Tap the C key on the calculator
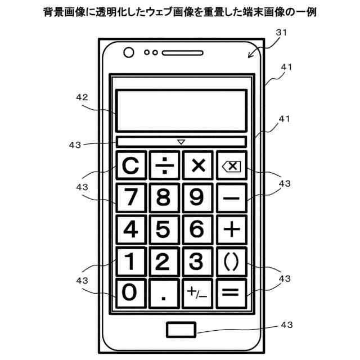click(131, 165)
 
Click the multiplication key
click(197, 165)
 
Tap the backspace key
click(231, 165)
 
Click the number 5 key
click(164, 229)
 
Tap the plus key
click(231, 229)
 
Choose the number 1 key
click(131, 261)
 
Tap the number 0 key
click(131, 292)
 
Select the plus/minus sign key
click(197, 293)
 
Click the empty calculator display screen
click(181, 110)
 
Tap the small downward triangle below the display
click(181, 142)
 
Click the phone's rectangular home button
click(181, 330)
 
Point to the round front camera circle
click(129, 53)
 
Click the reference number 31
click(281, 33)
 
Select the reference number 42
click(82, 97)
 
